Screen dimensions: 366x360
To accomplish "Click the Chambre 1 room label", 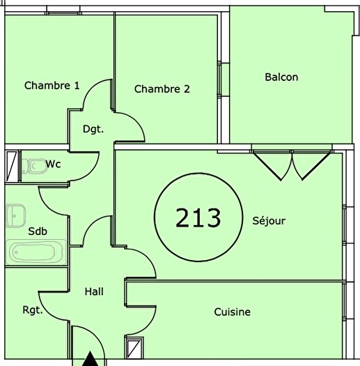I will (x=52, y=86).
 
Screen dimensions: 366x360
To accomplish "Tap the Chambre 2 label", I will (x=162, y=89).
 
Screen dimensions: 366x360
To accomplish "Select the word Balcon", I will (x=281, y=77).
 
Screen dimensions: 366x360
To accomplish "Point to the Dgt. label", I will (x=93, y=129).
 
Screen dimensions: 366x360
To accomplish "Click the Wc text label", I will (x=54, y=164).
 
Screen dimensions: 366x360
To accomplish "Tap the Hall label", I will (x=94, y=291).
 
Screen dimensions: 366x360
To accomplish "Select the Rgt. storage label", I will (x=32, y=310).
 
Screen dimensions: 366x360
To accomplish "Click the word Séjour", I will (x=269, y=221).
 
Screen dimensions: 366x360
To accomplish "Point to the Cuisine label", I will (x=232, y=312).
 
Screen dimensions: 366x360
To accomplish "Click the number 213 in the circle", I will (x=198, y=218).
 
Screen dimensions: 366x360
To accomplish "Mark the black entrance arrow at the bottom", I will (x=89, y=359).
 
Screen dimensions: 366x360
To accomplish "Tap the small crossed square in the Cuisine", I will (x=134, y=346).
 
